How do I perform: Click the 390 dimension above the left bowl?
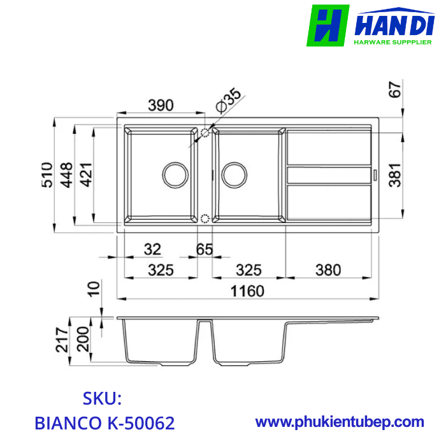point(161,106)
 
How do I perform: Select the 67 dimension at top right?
point(395,90)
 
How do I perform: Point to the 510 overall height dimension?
point(47,174)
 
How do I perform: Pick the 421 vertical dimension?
point(85,174)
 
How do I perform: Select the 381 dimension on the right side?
point(395,173)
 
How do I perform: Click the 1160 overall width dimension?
point(247,291)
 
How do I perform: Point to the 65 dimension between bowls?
point(205,249)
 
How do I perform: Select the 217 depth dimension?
point(62,341)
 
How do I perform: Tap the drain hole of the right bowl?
point(233,174)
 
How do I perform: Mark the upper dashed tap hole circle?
point(205,133)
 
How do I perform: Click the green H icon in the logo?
point(327,25)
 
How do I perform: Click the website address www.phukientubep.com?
point(340,421)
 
